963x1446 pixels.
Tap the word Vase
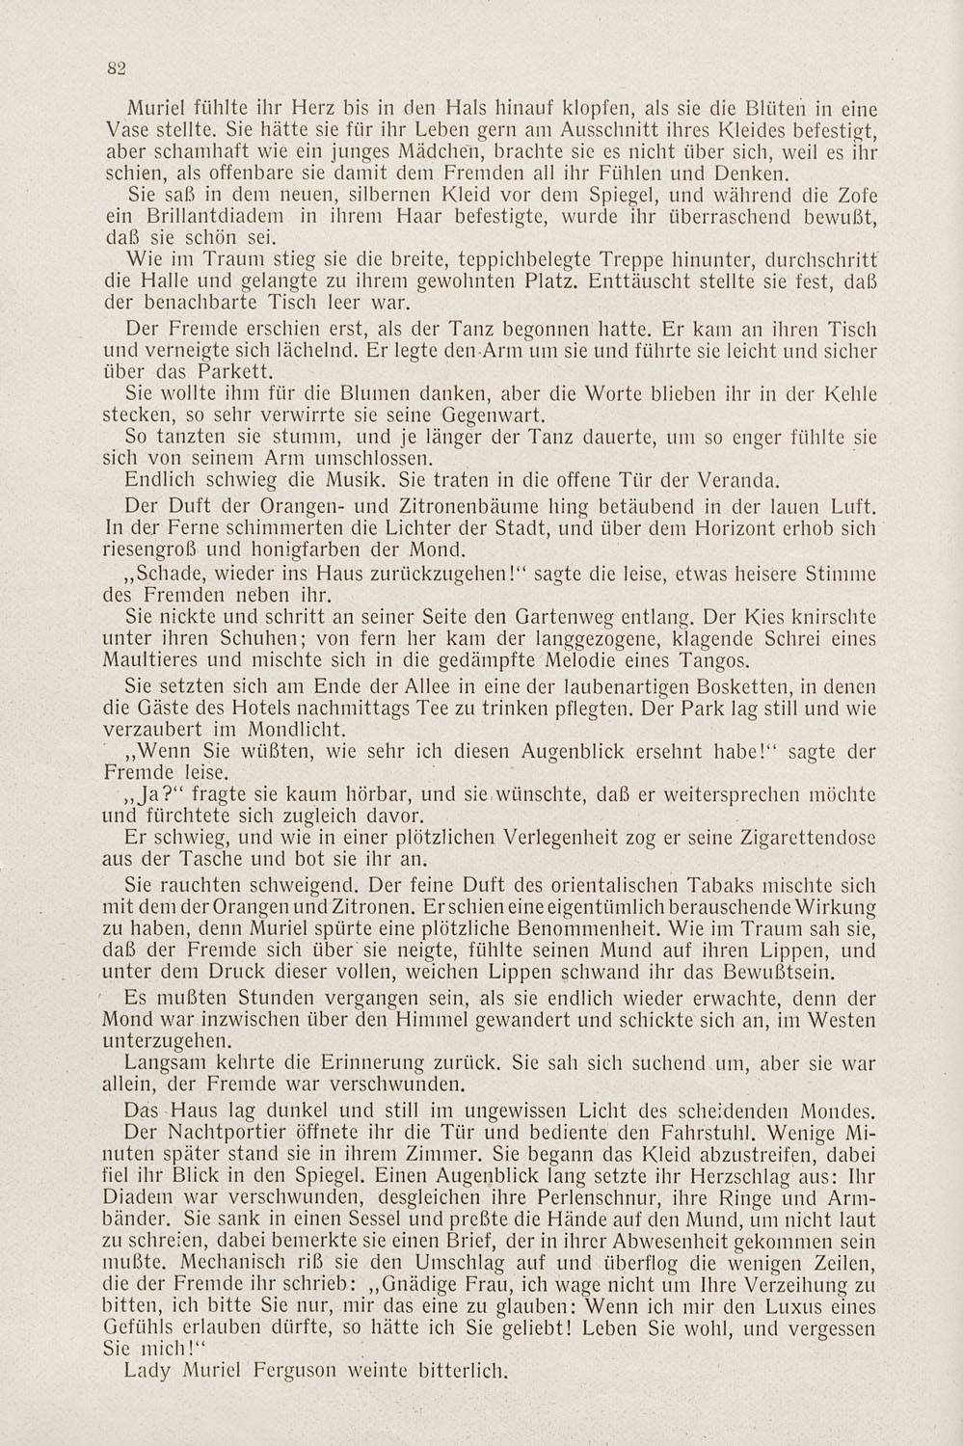pyautogui.click(x=122, y=127)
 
